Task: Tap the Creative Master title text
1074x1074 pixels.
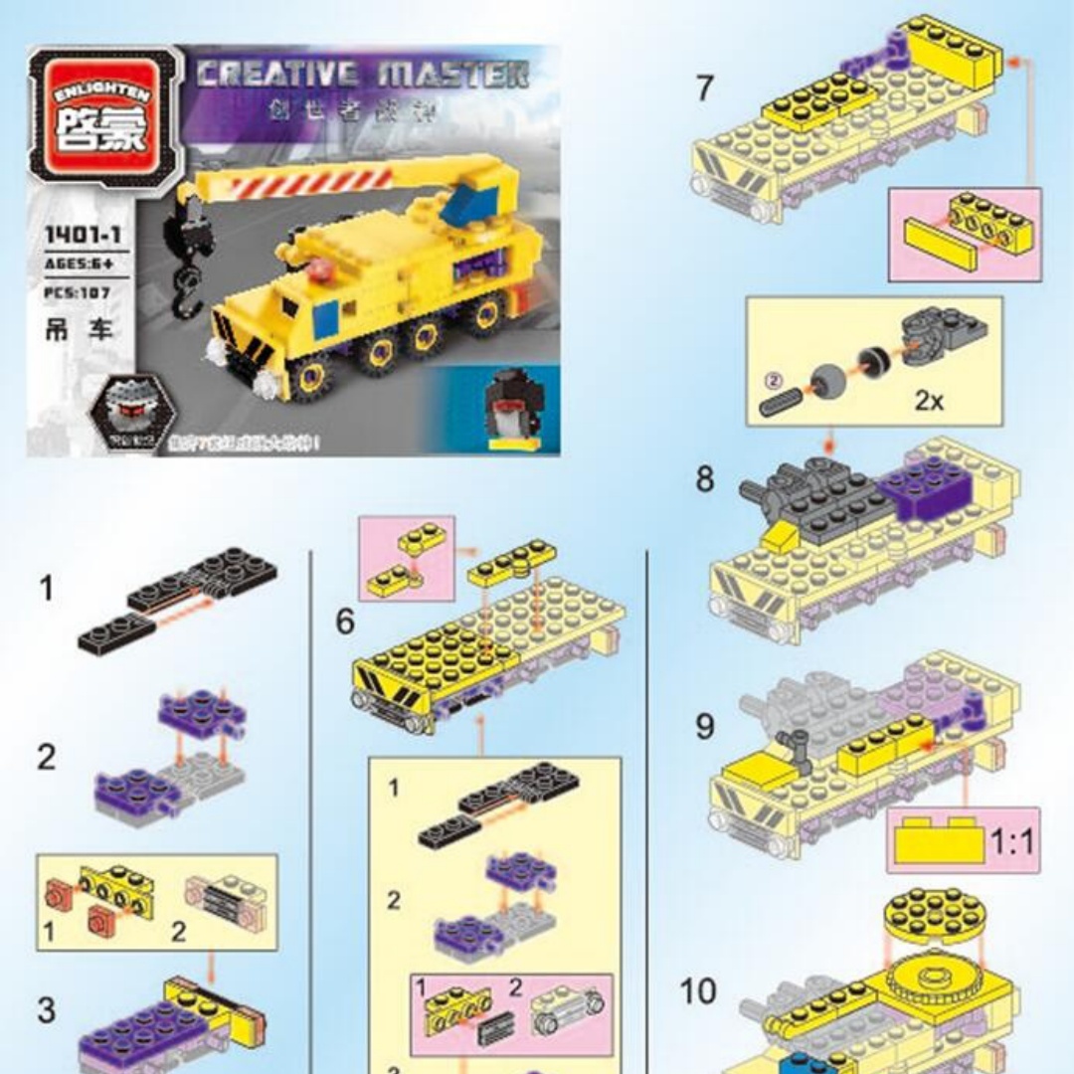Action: (x=362, y=76)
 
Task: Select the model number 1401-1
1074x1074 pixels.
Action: (x=75, y=236)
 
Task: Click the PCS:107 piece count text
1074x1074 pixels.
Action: (x=77, y=292)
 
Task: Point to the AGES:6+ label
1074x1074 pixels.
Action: (x=77, y=264)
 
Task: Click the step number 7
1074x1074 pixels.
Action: (x=704, y=89)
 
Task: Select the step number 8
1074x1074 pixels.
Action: (x=704, y=479)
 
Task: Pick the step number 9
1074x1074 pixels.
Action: (x=704, y=727)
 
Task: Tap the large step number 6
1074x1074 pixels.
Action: (x=344, y=623)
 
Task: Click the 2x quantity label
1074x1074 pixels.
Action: (x=929, y=401)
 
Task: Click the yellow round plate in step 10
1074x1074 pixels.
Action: (x=932, y=912)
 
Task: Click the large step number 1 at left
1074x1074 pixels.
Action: (x=47, y=589)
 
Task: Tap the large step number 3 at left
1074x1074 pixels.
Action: (x=47, y=1010)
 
